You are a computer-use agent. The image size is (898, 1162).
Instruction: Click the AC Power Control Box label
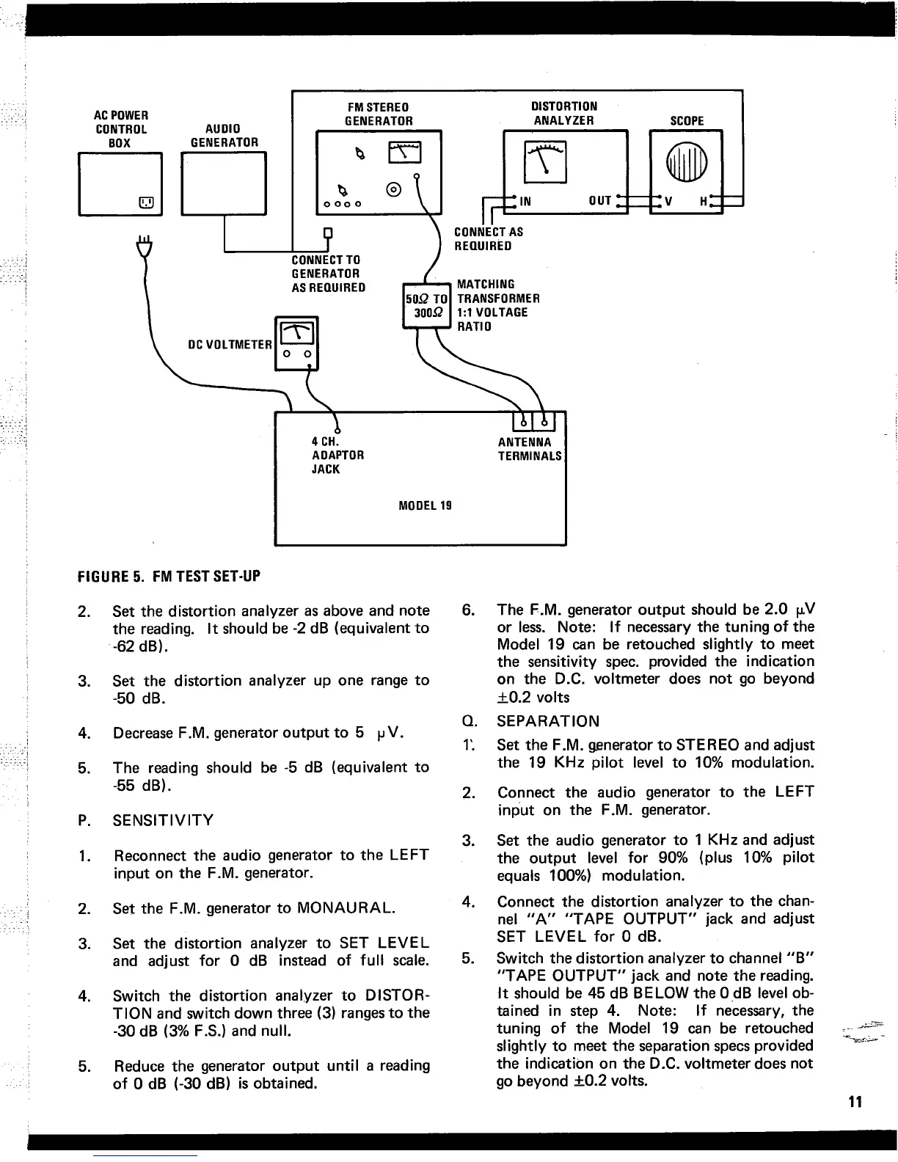tap(121, 129)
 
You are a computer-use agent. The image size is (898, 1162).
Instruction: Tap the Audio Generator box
tap(223, 183)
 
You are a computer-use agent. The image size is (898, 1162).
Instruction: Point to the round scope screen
tap(686, 161)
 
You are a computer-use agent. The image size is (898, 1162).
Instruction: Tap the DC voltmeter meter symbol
tap(295, 333)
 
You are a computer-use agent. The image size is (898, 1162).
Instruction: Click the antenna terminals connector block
tap(534, 423)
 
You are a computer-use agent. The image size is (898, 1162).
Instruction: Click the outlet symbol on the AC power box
tap(145, 202)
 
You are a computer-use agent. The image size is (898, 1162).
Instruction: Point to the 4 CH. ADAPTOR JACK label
tap(337, 455)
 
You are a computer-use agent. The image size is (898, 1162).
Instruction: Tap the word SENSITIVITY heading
tap(163, 820)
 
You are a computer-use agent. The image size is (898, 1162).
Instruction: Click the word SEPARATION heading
tap(548, 721)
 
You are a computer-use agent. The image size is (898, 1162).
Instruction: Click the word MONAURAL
tap(346, 908)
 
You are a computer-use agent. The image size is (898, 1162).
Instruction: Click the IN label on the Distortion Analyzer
tap(525, 202)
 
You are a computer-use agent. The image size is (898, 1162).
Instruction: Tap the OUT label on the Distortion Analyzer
tap(600, 202)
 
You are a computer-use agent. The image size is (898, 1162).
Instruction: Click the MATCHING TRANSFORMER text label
tap(498, 291)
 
